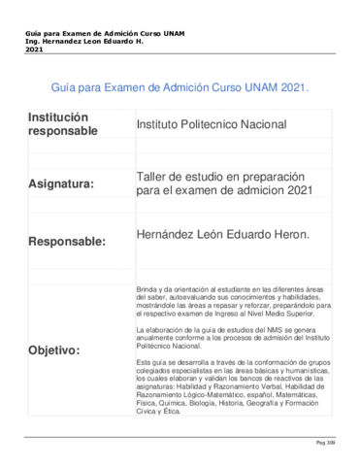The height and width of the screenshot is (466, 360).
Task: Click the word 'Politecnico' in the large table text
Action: pos(226,125)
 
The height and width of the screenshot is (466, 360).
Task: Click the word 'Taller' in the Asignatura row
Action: pos(154,176)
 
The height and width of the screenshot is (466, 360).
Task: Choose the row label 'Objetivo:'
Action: pos(55,349)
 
